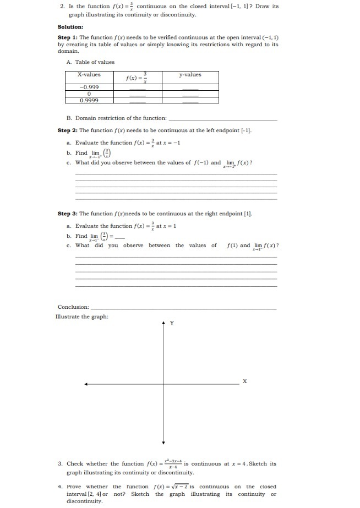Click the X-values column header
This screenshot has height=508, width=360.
tap(89, 74)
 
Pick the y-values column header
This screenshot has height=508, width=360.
tap(190, 74)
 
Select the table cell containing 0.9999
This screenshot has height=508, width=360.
tap(89, 100)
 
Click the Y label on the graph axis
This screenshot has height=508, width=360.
tap(171, 323)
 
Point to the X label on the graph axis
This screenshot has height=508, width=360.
tap(245, 381)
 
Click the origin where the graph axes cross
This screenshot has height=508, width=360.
tap(163, 384)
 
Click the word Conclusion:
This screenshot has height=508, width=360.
tap(73, 307)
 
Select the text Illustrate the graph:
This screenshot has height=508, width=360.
tap(81, 316)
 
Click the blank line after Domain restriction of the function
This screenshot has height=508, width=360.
tap(222, 118)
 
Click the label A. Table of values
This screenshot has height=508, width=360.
tap(90, 62)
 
